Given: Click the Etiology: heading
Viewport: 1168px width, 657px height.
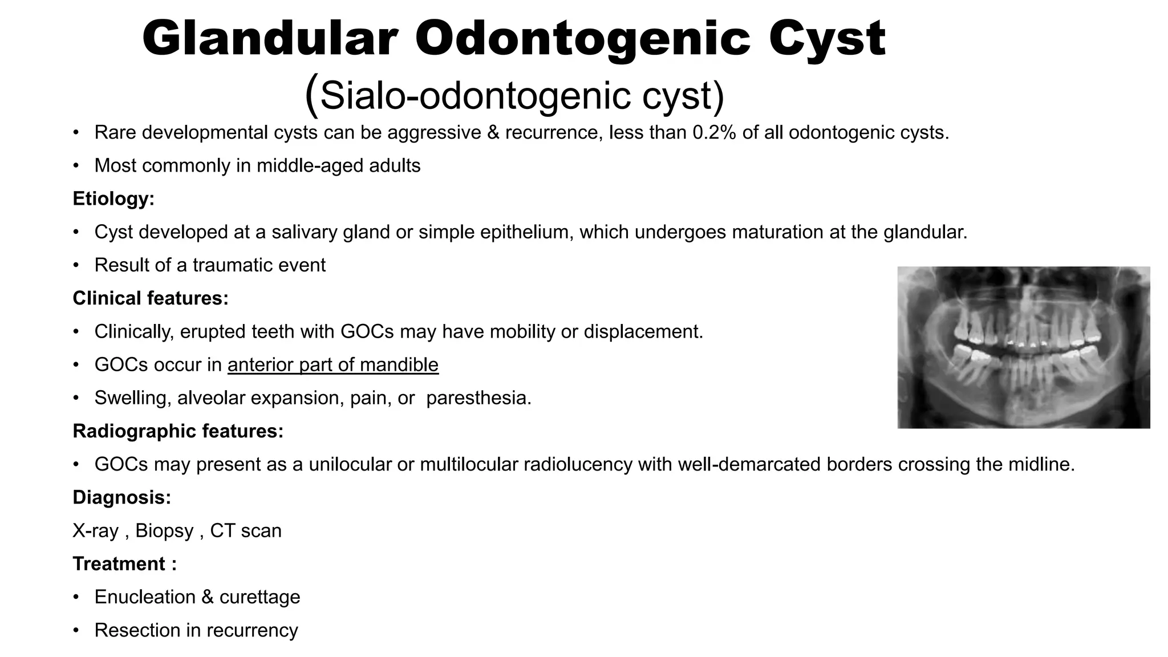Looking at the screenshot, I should [x=113, y=199].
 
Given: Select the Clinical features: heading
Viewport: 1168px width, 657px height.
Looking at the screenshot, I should [x=151, y=298].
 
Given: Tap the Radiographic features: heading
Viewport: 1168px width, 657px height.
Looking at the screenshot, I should [x=178, y=431].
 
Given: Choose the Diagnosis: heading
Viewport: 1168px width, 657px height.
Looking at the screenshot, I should [x=121, y=497].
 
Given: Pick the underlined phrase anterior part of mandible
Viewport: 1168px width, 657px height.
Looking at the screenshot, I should [x=333, y=365].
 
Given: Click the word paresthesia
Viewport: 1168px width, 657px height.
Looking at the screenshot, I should [x=478, y=398].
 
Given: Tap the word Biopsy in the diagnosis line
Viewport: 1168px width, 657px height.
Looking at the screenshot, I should [x=164, y=531].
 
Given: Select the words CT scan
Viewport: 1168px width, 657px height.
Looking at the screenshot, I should [x=246, y=531].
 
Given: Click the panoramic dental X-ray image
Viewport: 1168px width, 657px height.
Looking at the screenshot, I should [x=1023, y=347].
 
